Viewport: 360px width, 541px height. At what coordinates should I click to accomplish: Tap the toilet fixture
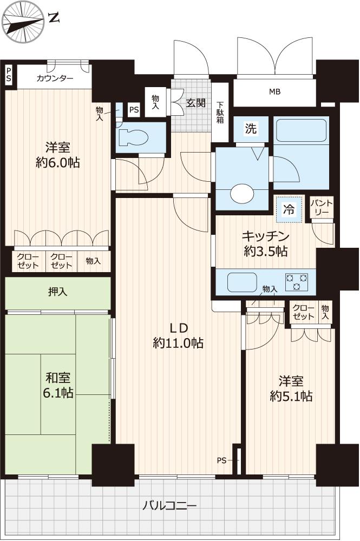(x=133, y=138)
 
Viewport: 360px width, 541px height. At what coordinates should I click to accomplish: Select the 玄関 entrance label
(x=196, y=102)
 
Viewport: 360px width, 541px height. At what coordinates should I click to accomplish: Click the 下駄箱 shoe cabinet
(x=220, y=112)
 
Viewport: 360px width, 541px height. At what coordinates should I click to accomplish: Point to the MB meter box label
(x=275, y=92)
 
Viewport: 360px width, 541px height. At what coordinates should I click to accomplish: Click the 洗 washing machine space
(x=251, y=129)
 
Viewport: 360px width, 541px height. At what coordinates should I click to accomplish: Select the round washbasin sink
(x=242, y=194)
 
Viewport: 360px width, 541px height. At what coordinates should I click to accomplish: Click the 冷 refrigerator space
(x=289, y=209)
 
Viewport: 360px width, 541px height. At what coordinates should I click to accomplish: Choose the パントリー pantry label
(x=322, y=207)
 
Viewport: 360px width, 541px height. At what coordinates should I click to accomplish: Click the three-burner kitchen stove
(x=297, y=281)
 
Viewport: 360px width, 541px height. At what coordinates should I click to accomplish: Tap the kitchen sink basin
(x=242, y=282)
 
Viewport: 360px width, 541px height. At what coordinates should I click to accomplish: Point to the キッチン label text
(x=265, y=236)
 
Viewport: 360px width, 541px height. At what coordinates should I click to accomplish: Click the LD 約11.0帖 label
(x=178, y=335)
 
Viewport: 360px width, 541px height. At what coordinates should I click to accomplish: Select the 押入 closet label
(x=57, y=292)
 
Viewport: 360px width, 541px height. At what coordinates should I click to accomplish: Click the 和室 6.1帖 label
(x=58, y=385)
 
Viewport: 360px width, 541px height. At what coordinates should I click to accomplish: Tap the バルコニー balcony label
(x=170, y=506)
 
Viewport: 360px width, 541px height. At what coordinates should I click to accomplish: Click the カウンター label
(x=55, y=78)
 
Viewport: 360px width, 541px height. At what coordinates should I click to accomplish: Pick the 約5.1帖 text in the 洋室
(x=291, y=397)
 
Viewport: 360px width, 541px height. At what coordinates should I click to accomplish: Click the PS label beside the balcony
(x=221, y=460)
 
